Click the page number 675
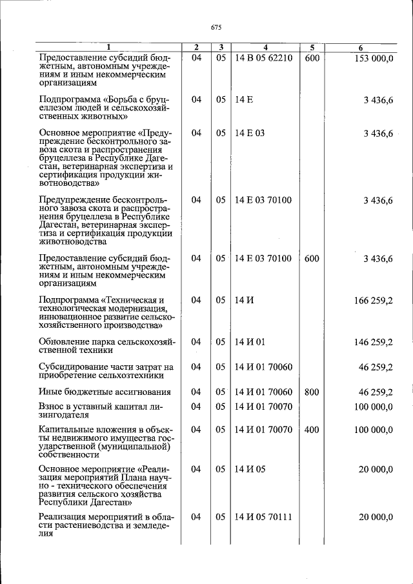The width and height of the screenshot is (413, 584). tap(216, 27)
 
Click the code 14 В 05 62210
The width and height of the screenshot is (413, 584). tap(264, 59)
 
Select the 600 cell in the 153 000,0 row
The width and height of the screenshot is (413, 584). tap(312, 59)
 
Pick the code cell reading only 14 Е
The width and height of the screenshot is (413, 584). tap(244, 100)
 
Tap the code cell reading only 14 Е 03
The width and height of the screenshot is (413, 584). tap(250, 134)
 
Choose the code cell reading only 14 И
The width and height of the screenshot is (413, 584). tap(244, 300)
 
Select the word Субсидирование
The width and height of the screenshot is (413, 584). tap(74, 367)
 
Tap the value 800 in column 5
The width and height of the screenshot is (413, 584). tap(312, 392)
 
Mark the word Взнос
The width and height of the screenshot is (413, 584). tap(53, 407)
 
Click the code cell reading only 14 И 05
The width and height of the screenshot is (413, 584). tap(250, 470)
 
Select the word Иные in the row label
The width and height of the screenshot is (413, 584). tap(51, 392)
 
